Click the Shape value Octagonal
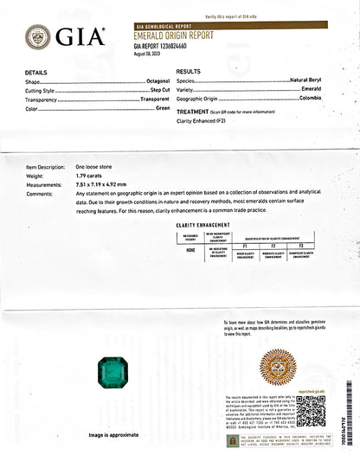click(x=152, y=80)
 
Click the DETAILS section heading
click(x=36, y=72)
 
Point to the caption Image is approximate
click(x=113, y=436)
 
